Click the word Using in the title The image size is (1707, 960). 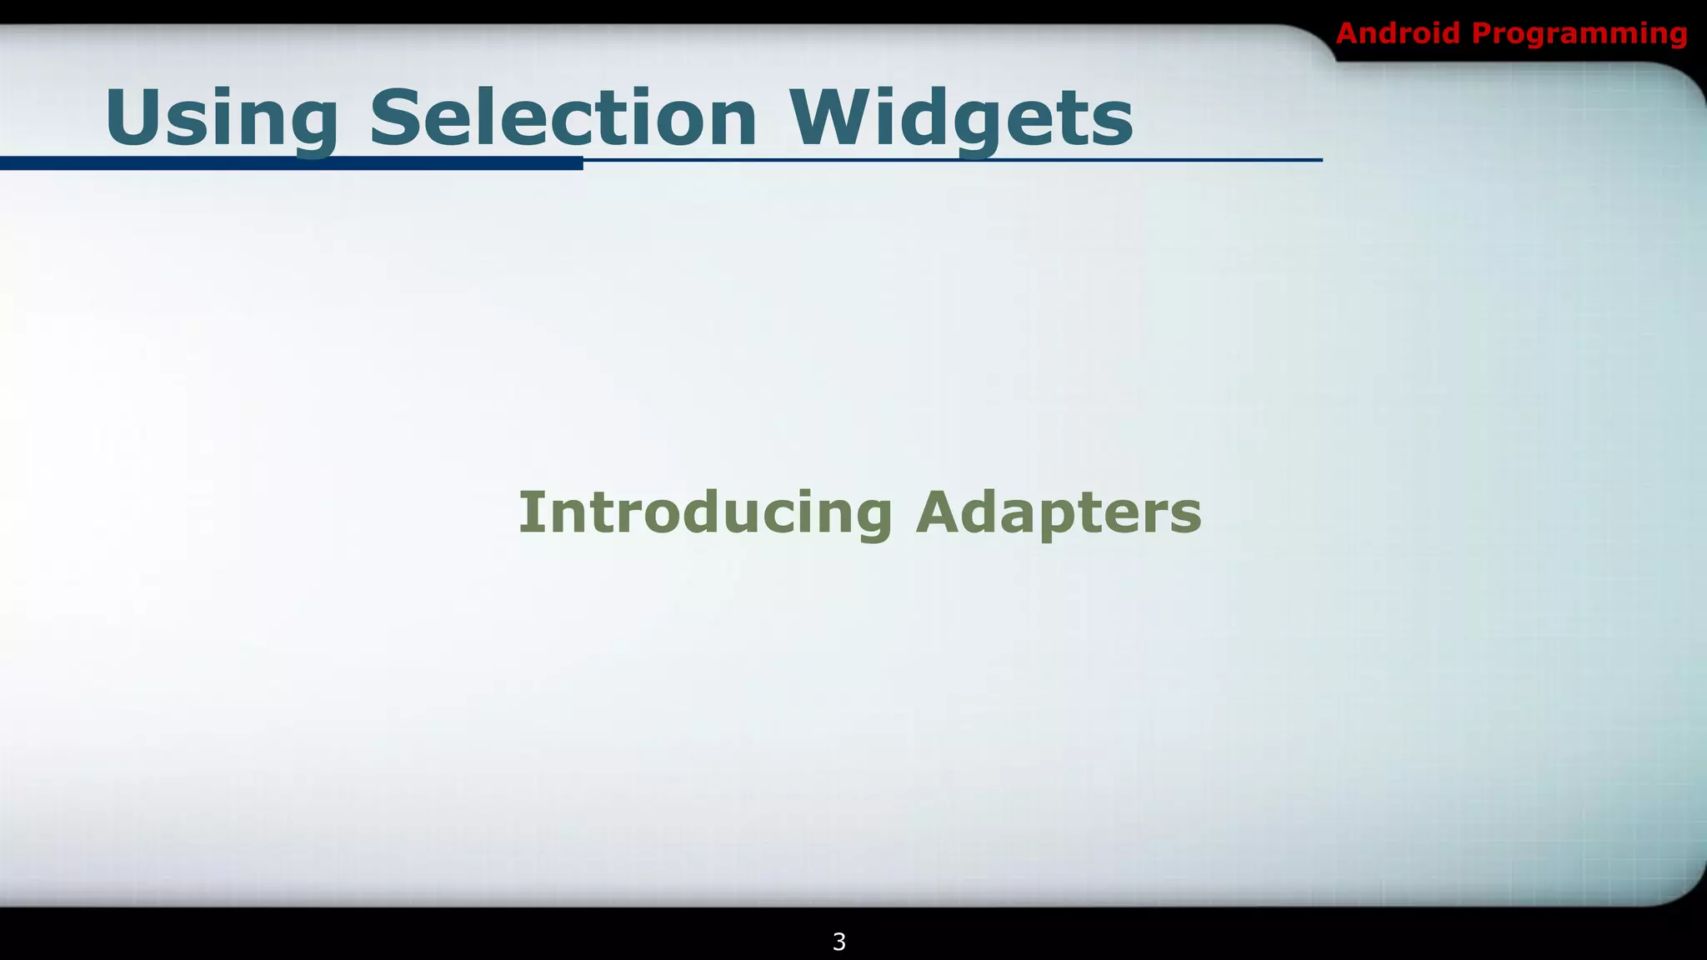click(x=221, y=118)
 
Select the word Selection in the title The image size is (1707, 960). click(x=563, y=118)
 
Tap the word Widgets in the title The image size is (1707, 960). click(x=961, y=118)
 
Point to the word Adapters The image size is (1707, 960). click(x=1059, y=512)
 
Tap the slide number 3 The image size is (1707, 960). click(x=839, y=942)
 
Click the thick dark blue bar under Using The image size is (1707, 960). click(x=292, y=163)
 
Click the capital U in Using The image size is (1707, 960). click(x=133, y=117)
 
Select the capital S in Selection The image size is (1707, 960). click(x=396, y=117)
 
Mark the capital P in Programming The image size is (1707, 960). click(x=1483, y=33)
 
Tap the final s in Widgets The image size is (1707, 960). click(x=1114, y=125)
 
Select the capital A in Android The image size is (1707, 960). click(x=1349, y=33)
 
